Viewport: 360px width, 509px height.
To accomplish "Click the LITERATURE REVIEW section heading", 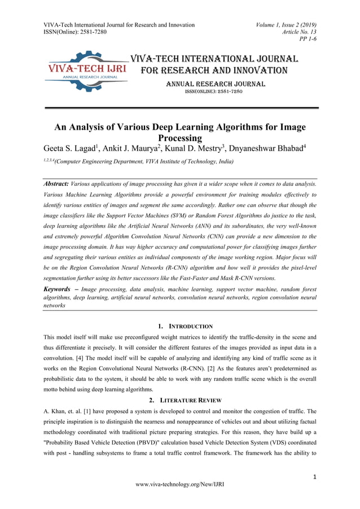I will (x=190, y=400).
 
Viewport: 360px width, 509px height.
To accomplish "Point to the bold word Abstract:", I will (x=56, y=184).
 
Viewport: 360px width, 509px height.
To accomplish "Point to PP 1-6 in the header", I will (x=307, y=40).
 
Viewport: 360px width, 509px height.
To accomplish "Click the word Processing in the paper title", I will (x=180, y=138).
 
